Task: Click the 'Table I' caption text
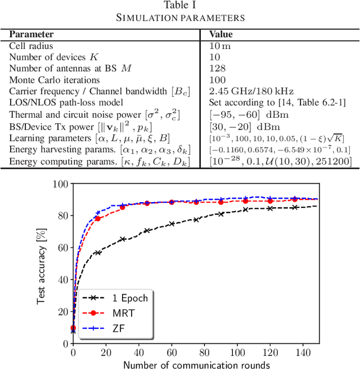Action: pyautogui.click(x=180, y=6)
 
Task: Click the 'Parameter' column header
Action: pyautogui.click(x=31, y=34)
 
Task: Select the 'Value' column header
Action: pyautogui.click(x=221, y=34)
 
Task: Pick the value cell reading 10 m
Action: pyautogui.click(x=220, y=46)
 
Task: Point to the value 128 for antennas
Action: pyautogui.click(x=217, y=68)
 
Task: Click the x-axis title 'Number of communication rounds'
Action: pyautogui.click(x=196, y=365)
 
